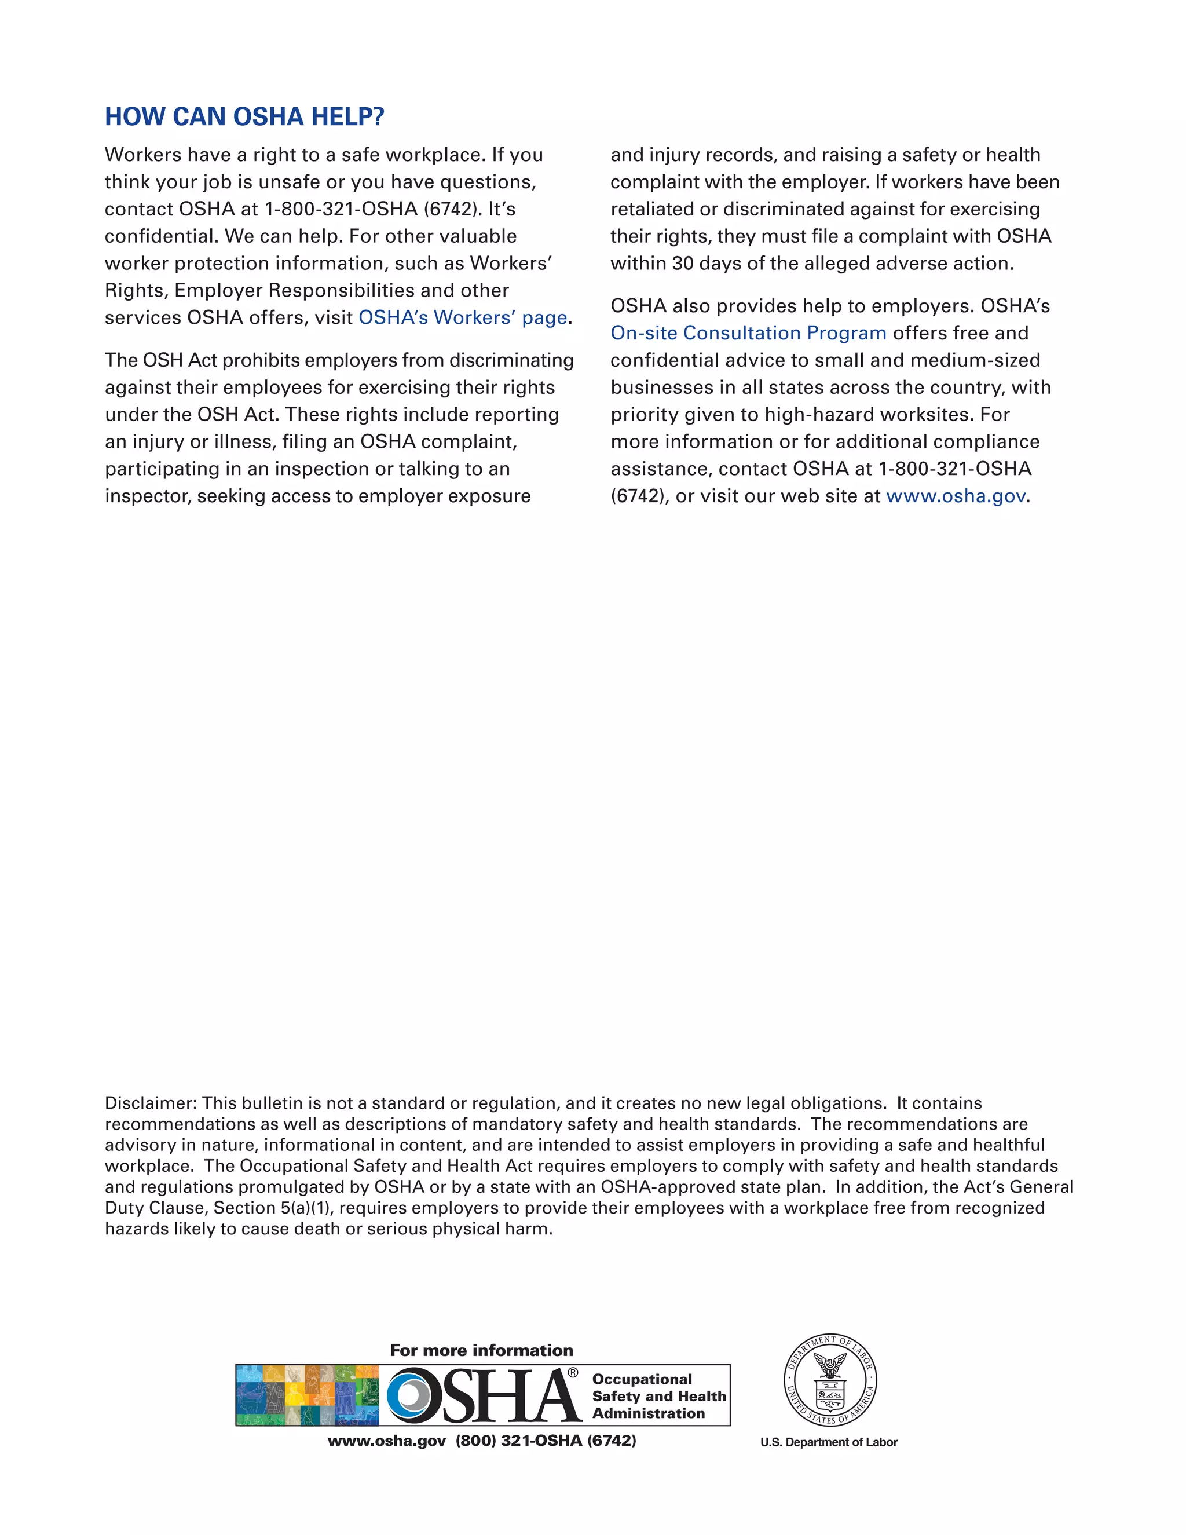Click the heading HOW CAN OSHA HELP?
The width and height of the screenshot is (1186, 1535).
point(244,116)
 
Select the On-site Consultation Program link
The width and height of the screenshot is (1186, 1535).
point(748,333)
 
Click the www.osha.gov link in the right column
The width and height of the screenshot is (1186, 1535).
point(956,496)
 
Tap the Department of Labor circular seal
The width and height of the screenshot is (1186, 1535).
point(830,1381)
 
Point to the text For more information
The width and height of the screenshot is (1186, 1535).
point(481,1350)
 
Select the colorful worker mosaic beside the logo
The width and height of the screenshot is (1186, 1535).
point(307,1395)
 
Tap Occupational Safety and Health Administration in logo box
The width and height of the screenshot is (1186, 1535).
point(658,1396)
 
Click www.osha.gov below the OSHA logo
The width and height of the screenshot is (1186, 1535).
point(386,1441)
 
